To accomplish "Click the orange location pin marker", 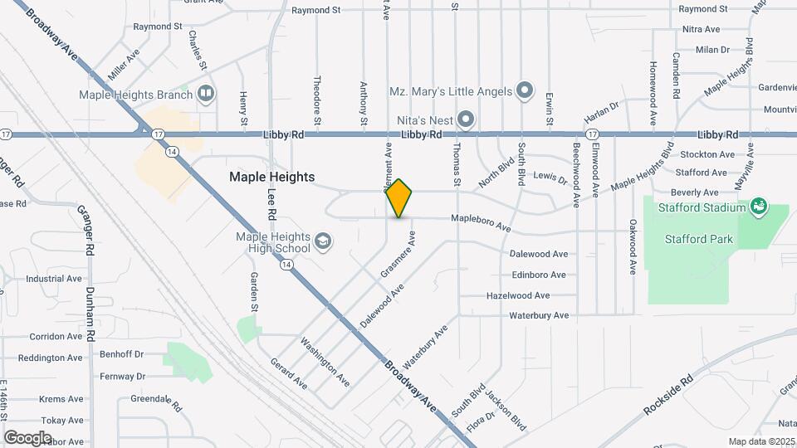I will tap(399, 199).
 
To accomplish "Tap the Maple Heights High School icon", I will tap(322, 242).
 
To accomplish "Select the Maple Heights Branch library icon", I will tap(205, 94).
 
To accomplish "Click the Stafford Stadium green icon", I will tap(757, 205).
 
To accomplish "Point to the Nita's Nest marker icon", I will tap(466, 120).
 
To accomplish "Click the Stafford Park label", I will tap(699, 239).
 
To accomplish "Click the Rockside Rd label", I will tap(667, 397).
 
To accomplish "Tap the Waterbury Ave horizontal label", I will tap(539, 315).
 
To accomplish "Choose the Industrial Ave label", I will tap(54, 279).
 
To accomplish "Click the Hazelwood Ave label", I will tap(518, 295).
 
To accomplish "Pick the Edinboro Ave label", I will tap(539, 275).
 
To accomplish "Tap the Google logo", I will tap(27, 437).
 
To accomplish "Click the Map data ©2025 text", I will tap(760, 441).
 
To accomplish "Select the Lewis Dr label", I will tap(550, 177).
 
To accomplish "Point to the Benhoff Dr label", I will tap(122, 353).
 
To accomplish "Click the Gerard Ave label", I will tap(289, 374).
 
